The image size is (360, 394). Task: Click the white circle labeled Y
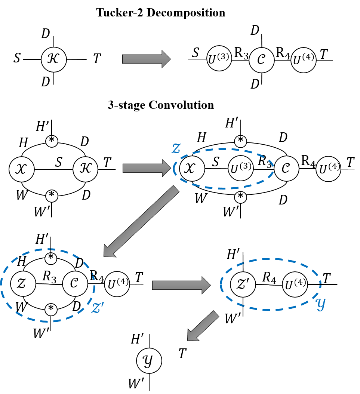tap(149, 361)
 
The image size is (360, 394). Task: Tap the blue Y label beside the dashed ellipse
tap(321, 304)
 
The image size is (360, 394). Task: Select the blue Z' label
tap(98, 307)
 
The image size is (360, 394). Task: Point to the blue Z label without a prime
tap(176, 148)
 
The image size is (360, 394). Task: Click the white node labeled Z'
tap(243, 284)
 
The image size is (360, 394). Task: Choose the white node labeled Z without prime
tap(23, 284)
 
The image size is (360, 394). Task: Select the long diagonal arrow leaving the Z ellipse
tap(141, 222)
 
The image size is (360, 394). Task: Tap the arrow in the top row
tap(146, 59)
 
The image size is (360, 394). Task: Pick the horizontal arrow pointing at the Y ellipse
tap(181, 285)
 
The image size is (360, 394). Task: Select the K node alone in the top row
tap(54, 59)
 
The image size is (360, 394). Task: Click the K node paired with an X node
tap(85, 169)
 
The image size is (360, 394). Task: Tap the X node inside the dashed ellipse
tap(192, 169)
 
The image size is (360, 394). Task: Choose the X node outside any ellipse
tap(22, 169)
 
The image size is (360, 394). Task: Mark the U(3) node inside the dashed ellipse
tap(240, 169)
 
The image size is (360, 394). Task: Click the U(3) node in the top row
tap(219, 59)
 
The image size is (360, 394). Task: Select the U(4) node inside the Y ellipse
tap(295, 284)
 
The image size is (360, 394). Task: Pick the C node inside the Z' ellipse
tap(75, 284)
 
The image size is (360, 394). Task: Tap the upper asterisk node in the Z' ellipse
tap(51, 258)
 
